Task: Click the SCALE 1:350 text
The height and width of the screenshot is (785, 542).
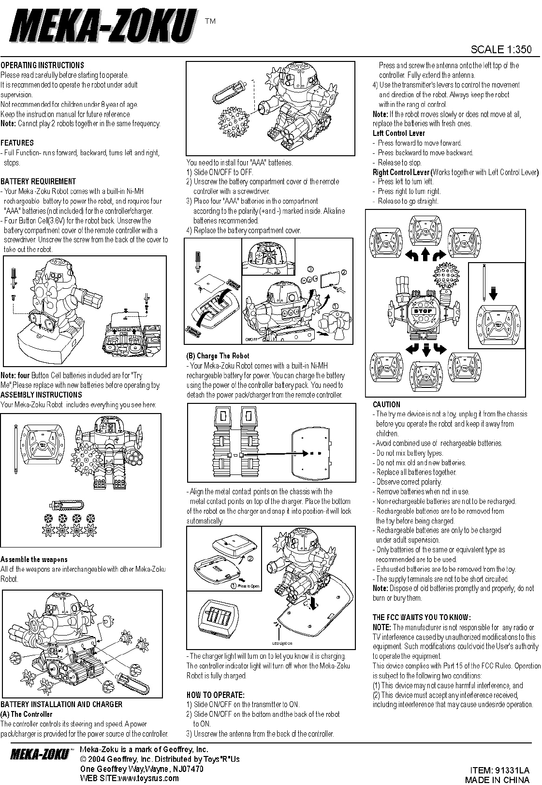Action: coord(501,49)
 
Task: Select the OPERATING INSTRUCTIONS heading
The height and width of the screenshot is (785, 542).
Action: coord(42,65)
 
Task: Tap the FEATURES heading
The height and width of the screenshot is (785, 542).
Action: coord(17,143)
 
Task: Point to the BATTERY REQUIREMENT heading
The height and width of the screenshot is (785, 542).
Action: coord(38,181)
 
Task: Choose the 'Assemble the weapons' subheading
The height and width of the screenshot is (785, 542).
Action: coord(34,559)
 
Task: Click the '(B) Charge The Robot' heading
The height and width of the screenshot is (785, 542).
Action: coord(218,356)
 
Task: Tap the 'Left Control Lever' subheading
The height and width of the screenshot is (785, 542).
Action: coord(399,133)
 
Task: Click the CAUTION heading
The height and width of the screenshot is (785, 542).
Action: coord(386,404)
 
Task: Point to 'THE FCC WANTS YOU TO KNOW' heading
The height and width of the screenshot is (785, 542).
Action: coord(422,617)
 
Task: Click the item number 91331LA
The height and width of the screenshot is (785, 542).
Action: coord(499,770)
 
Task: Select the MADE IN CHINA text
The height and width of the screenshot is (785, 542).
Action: coord(497,779)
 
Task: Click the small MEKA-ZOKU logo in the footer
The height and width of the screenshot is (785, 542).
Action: coord(39,755)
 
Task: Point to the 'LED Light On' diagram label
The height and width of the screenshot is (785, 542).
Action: coord(282,643)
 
